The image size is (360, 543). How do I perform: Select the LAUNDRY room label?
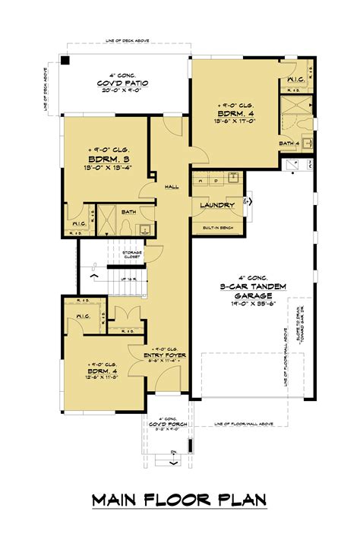click(216, 206)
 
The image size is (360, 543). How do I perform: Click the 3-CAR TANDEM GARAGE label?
click(252, 287)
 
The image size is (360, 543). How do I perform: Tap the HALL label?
click(172, 186)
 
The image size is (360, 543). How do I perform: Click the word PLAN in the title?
click(242, 500)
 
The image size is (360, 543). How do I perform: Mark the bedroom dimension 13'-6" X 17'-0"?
click(237, 118)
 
